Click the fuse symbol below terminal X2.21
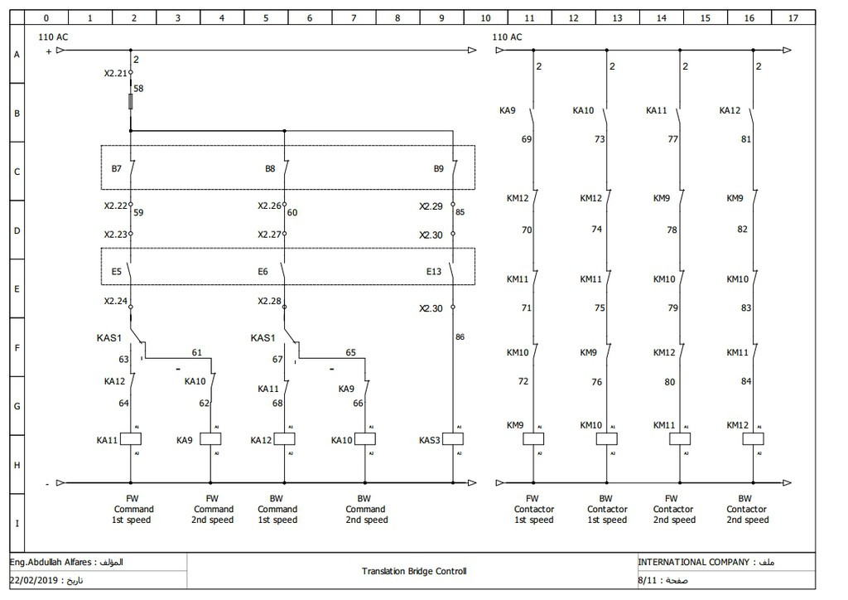tap(131, 101)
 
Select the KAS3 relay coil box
tap(453, 439)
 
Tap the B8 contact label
tap(270, 168)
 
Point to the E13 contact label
tap(434, 270)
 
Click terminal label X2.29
tap(431, 206)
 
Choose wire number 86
tap(460, 337)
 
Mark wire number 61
tap(196, 353)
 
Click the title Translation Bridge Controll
tap(414, 571)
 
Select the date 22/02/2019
tap(41, 580)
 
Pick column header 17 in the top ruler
tap(793, 17)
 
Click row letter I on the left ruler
tap(16, 524)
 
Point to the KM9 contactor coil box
tap(533, 438)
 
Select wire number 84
tap(746, 381)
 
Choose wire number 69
tap(527, 139)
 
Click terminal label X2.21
tap(116, 73)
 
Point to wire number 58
tap(138, 87)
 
